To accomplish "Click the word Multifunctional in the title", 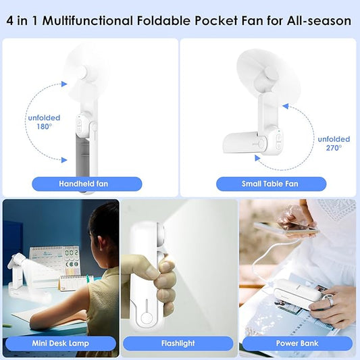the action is point(88,21).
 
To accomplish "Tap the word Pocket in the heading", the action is point(216,21).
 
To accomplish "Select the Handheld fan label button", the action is point(86,184).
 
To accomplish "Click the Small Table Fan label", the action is point(271,184).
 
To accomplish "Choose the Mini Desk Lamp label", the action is point(61,343).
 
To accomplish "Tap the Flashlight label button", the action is point(178,343).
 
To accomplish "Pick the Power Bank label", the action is point(297,343).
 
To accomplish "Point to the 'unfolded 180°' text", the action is point(44,122).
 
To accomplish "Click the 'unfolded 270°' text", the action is point(334,143).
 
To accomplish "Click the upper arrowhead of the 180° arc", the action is point(64,84).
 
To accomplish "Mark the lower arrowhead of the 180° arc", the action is point(64,160).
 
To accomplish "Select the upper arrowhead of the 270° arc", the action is point(286,106).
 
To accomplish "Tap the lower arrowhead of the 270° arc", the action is point(257,158).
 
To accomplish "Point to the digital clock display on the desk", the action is point(72,253).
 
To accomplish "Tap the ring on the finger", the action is point(329,301).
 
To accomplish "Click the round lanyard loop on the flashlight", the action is point(146,319).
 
